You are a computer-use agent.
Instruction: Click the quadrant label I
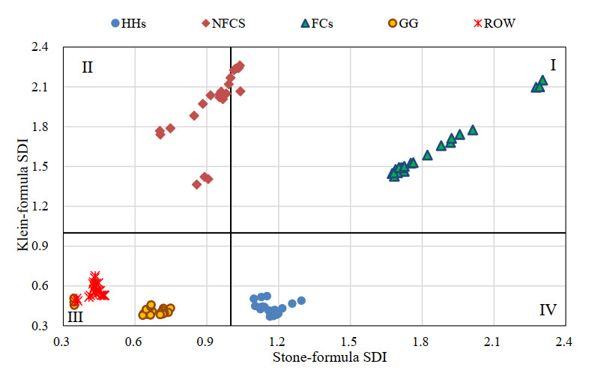tap(552, 65)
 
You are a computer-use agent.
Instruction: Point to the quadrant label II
tap(87, 67)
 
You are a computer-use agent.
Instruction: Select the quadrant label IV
tap(547, 309)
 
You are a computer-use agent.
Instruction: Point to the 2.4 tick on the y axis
tap(40, 47)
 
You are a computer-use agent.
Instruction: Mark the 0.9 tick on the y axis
tap(40, 246)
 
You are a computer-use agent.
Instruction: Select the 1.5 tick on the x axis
tap(349, 342)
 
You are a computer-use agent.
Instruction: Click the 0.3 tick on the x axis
tap(61, 342)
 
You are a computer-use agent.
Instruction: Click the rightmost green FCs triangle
tap(543, 80)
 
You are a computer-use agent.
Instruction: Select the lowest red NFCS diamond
tap(197, 184)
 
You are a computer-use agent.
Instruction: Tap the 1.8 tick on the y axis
tap(40, 127)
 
